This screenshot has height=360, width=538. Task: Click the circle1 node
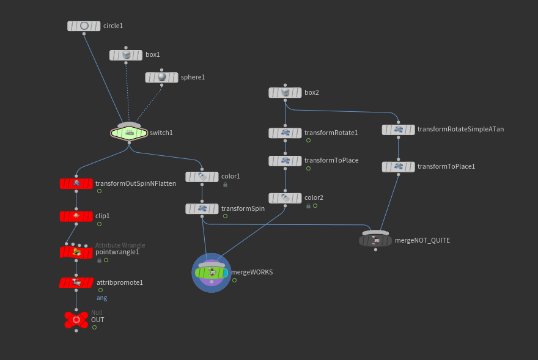[x=84, y=26]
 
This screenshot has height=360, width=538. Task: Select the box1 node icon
[x=126, y=55]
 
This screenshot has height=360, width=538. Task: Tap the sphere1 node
[x=161, y=78]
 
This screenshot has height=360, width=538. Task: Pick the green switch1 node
[x=129, y=133]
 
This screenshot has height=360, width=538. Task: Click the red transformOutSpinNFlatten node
[x=76, y=183]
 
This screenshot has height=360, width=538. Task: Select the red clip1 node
[x=76, y=216]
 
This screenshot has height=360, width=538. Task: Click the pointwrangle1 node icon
[x=76, y=252]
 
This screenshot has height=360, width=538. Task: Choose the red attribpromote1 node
[x=76, y=283]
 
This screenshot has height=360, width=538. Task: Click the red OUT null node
[x=76, y=320]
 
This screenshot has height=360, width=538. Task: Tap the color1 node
[x=202, y=177]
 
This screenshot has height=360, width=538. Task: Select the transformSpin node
[x=202, y=209]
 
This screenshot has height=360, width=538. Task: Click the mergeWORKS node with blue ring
[x=212, y=273]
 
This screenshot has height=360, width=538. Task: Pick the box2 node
[x=285, y=93]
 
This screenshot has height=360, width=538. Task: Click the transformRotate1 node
[x=285, y=133]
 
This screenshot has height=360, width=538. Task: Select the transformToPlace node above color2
[x=285, y=161]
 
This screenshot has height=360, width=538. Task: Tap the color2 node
[x=285, y=198]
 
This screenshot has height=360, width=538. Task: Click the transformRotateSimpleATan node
[x=398, y=130]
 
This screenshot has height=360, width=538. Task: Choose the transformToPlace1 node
[x=398, y=166]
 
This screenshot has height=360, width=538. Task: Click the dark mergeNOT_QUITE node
[x=375, y=241]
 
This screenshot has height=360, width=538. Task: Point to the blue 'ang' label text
[x=102, y=298]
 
